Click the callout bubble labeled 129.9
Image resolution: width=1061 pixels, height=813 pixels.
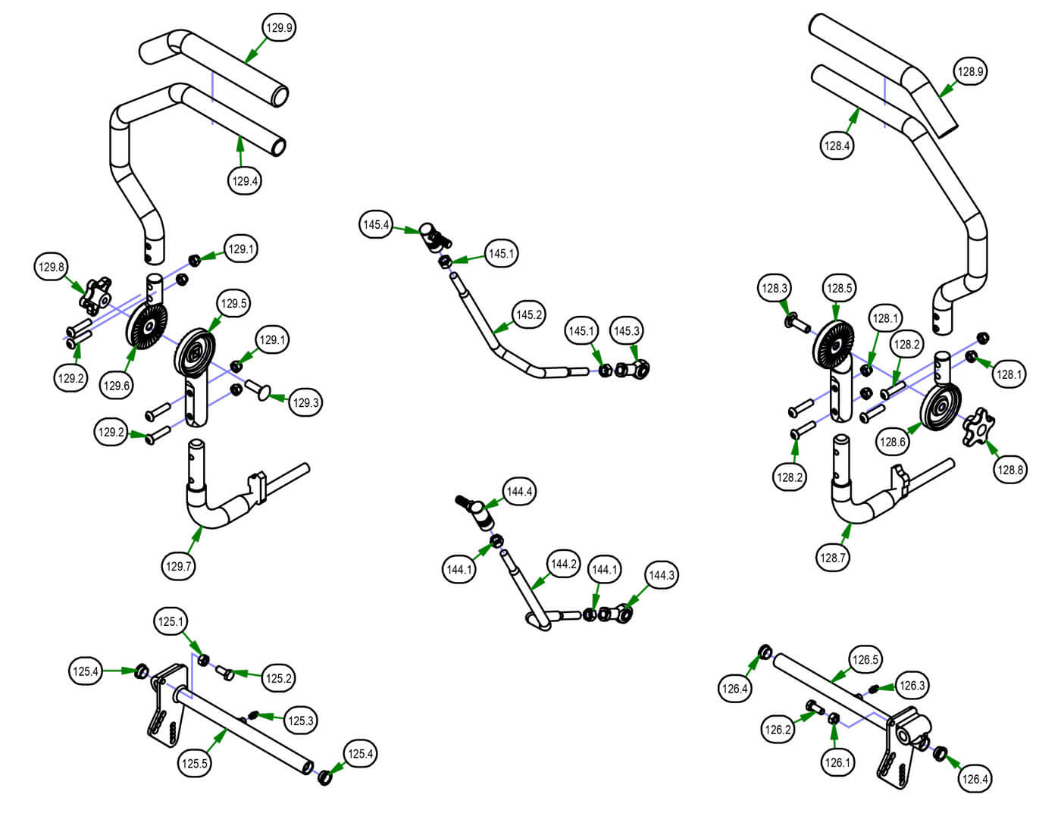pos(279,28)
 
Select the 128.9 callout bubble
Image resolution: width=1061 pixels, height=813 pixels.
pos(970,72)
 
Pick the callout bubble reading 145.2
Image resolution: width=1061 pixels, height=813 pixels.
pos(528,314)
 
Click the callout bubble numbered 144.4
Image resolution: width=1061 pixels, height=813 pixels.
pos(519,492)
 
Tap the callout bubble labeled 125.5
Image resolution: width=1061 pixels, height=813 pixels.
pos(194,763)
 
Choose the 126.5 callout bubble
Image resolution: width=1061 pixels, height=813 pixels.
pos(865,660)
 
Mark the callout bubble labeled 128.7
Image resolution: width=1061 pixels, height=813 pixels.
pos(832,558)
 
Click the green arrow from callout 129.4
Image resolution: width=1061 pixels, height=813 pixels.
pos(240,151)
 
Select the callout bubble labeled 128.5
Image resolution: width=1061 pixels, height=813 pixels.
pos(839,288)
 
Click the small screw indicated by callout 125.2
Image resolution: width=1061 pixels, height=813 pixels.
pos(225,671)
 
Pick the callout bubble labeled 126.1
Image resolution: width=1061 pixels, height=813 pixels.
pos(837,762)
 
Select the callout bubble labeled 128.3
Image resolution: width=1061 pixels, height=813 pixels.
pos(775,288)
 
